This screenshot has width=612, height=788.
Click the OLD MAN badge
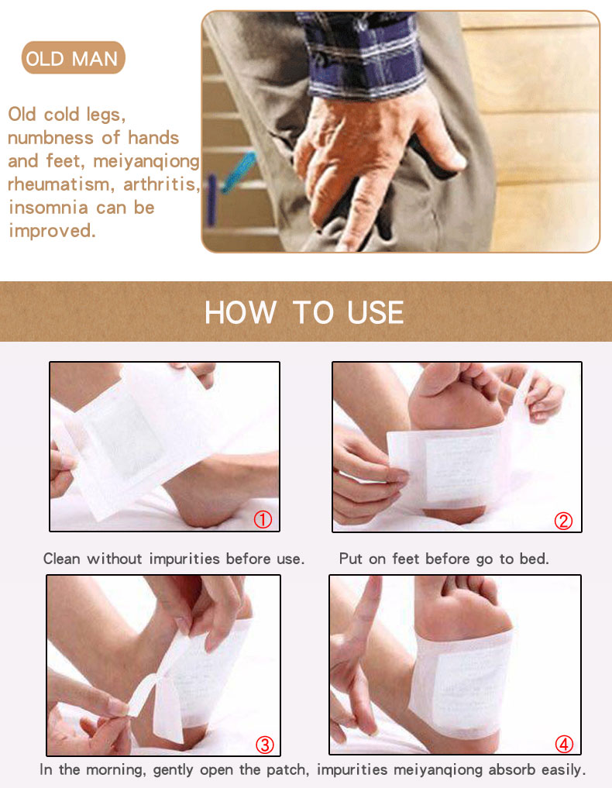[x=73, y=58]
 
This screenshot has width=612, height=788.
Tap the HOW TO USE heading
[x=304, y=312]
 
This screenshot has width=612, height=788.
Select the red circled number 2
[x=563, y=521]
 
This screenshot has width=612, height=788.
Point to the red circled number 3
[x=265, y=745]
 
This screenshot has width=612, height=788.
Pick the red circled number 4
[x=564, y=745]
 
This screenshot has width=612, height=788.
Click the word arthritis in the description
[x=161, y=184]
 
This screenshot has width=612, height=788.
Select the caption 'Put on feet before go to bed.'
[x=444, y=559]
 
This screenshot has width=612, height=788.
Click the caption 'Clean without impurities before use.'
[x=174, y=559]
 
